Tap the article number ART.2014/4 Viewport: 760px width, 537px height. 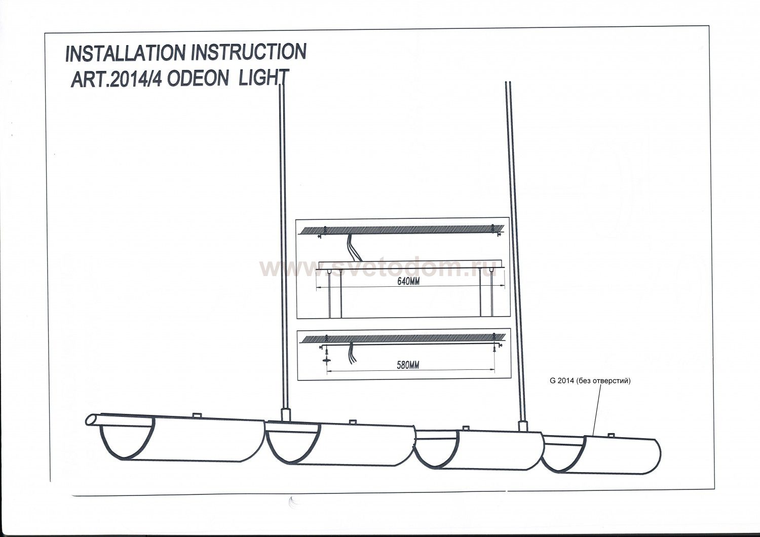tap(117, 80)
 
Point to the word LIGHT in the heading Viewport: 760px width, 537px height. tap(263, 78)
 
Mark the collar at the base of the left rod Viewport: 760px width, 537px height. tap(285, 414)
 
